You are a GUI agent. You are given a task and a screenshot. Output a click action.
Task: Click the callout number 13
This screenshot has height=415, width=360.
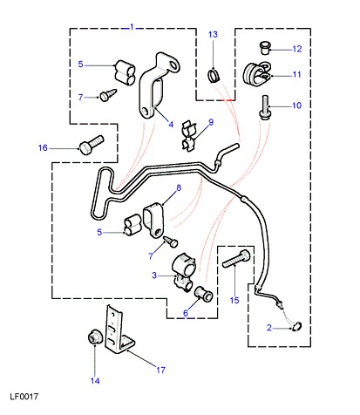click(x=213, y=35)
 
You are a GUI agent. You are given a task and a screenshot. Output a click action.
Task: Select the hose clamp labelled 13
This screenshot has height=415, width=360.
click(x=214, y=76)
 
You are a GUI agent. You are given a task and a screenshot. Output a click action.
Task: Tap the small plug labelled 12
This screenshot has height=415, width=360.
click(x=264, y=48)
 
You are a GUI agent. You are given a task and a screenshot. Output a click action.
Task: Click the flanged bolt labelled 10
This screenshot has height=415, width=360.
click(x=265, y=107)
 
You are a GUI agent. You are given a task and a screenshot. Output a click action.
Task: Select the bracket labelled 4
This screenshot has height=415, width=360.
click(x=159, y=86)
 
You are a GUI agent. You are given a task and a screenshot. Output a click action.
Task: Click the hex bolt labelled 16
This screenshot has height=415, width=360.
click(x=92, y=146)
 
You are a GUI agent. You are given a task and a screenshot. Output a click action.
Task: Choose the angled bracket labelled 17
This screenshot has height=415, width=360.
click(x=119, y=329)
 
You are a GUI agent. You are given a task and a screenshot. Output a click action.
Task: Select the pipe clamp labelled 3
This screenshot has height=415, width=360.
click(x=184, y=272)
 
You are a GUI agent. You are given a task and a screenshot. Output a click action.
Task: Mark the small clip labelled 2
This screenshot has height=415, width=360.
click(x=296, y=327)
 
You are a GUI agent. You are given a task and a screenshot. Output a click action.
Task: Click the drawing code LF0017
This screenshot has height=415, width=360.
click(x=24, y=397)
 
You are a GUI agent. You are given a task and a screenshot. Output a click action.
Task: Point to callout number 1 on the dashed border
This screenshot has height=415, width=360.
click(x=132, y=28)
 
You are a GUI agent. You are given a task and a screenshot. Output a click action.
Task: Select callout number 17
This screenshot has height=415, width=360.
click(x=160, y=370)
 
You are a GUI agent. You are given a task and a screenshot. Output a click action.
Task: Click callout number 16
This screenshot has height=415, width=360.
click(x=43, y=148)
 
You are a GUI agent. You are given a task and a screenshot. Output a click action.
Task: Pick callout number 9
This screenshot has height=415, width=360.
click(x=211, y=122)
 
